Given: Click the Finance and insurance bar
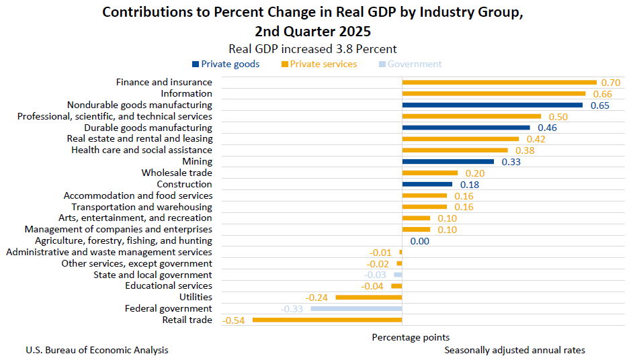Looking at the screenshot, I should tap(499, 82).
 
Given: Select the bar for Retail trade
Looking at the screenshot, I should tap(327, 320).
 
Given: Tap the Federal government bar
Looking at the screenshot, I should tap(355, 308).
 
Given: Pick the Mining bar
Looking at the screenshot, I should tap(448, 161).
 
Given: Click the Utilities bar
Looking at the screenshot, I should tap(368, 297).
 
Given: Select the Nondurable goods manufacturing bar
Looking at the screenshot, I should tap(492, 105).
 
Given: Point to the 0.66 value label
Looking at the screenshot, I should tap(601, 94).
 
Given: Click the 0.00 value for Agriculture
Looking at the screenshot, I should tap(419, 241).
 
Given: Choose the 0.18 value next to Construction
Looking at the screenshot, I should tap(469, 184).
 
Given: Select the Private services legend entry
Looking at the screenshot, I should tap(319, 64).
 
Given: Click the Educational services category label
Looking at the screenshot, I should tap(169, 285).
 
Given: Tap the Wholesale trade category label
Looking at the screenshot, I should tap(177, 173).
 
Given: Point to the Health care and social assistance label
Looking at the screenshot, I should tap(142, 150).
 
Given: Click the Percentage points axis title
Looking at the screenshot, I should tap(411, 337).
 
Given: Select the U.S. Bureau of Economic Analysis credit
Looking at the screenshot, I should tap(97, 350).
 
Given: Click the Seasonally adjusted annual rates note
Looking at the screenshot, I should tap(514, 350).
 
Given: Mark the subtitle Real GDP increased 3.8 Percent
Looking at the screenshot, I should tap(312, 48).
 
